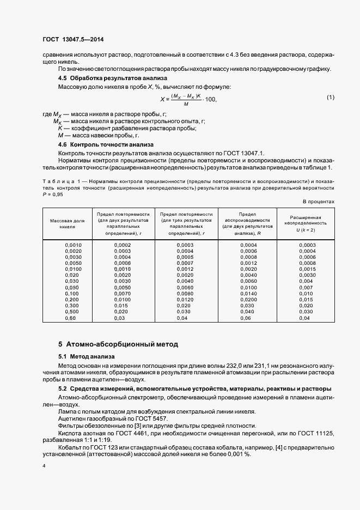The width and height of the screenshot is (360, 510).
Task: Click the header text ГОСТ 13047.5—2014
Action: pyautogui.click(x=73, y=39)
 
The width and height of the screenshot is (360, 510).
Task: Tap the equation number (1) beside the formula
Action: pyautogui.click(x=331, y=97)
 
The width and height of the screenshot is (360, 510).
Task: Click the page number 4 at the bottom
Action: pyautogui.click(x=44, y=466)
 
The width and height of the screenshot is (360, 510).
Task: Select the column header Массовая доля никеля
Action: pyautogui.click(x=68, y=223)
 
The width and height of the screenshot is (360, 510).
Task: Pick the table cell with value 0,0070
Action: pyautogui.click(x=123, y=293)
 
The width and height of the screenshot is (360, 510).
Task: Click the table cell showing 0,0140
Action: pyautogui.click(x=248, y=293)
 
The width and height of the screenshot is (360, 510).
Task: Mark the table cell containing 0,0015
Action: pyautogui.click(x=307, y=269)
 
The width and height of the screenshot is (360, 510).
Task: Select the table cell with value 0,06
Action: pyautogui.click(x=246, y=318)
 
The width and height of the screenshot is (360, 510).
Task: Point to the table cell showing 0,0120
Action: pyautogui.click(x=185, y=299)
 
